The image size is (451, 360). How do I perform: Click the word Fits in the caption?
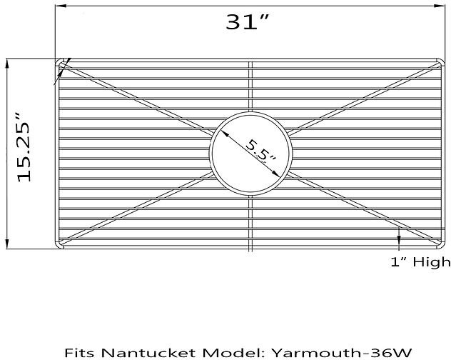tap(79, 352)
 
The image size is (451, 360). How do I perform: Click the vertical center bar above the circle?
tap(251, 86)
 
